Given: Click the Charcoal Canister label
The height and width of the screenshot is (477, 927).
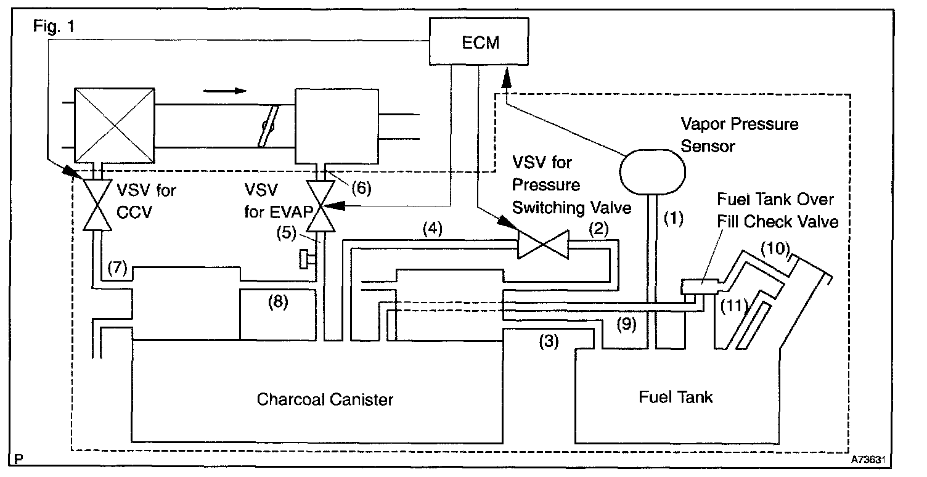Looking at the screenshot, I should coord(325,399).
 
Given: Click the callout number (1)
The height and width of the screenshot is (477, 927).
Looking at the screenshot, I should coord(673,218).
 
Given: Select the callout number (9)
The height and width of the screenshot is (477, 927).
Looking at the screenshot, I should coord(626,325).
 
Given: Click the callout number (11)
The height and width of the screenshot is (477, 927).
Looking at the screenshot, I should coord(733,304).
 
